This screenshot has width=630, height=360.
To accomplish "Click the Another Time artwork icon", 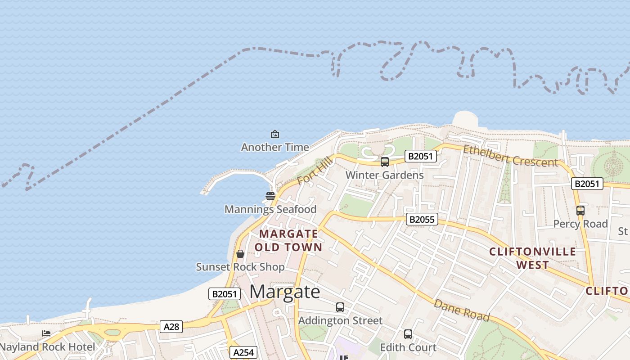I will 274,134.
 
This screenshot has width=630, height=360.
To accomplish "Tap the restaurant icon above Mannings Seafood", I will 270,196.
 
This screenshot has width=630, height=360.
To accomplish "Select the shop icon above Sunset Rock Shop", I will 240,254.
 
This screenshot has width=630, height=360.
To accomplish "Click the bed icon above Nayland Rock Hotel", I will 46,333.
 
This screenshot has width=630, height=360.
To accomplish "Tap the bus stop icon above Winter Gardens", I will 385,162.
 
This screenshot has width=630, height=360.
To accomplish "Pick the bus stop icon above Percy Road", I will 580,210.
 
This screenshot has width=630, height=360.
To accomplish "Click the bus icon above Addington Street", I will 340,307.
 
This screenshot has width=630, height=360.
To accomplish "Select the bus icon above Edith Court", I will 408,334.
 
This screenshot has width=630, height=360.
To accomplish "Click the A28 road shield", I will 171,327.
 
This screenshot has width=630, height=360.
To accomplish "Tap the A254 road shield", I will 243,352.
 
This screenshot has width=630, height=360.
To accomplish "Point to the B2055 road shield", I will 422,219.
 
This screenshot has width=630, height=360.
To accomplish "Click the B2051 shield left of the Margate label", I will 224,294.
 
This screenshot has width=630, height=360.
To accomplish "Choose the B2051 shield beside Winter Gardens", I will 421,156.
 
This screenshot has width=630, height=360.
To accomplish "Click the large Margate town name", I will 285,292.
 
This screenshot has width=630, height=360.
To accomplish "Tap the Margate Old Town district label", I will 288,240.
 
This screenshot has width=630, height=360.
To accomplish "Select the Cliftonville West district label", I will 532,258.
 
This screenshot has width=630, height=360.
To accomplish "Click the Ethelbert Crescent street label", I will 510,156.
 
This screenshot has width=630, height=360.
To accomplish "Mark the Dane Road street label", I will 461,310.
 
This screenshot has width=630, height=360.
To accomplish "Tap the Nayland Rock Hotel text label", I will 48,347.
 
